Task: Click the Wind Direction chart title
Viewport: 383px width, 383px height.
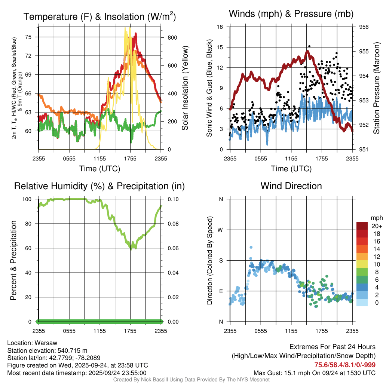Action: pyautogui.click(x=291, y=186)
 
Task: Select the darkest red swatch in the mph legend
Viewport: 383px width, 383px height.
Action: pyautogui.click(x=362, y=226)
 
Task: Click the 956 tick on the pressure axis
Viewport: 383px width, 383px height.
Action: pyautogui.click(x=364, y=27)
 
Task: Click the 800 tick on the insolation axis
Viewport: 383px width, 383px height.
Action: pyautogui.click(x=172, y=38)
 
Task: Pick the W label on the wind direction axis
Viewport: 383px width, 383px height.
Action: pyautogui.click(x=221, y=230)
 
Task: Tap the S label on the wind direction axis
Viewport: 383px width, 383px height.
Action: pyautogui.click(x=221, y=260)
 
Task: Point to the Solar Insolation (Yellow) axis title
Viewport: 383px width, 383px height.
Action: pyautogui.click(x=185, y=88)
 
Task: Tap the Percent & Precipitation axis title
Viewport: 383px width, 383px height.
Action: pyautogui.click(x=13, y=260)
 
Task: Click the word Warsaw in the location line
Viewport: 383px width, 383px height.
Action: pyautogui.click(x=46, y=343)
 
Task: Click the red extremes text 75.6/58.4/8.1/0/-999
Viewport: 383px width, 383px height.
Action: pyautogui.click(x=345, y=365)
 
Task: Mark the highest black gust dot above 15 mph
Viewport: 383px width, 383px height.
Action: pyautogui.click(x=309, y=46)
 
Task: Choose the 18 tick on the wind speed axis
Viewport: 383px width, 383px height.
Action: pyautogui.click(x=220, y=27)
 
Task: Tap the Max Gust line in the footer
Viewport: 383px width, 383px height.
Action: pyautogui.click(x=314, y=373)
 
